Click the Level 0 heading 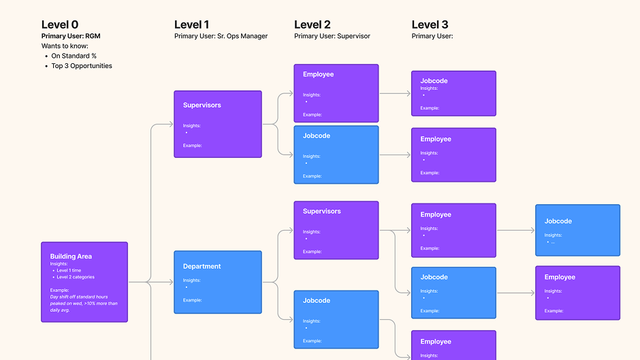(x=60, y=24)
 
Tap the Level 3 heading (x=430, y=24)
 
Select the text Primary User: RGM (x=71, y=36)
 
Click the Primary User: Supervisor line (x=332, y=36)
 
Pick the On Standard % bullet (x=74, y=56)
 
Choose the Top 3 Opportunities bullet (x=82, y=66)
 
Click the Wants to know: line (x=65, y=46)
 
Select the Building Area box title (x=71, y=257)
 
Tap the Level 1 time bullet (x=69, y=270)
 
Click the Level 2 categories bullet (x=76, y=277)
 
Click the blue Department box (x=218, y=282)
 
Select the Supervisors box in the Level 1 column (x=218, y=125)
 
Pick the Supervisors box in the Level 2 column (x=336, y=230)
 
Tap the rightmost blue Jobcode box (x=577, y=230)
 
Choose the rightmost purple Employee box (x=577, y=293)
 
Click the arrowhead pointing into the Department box (x=170, y=282)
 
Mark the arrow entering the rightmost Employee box (x=532, y=293)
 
